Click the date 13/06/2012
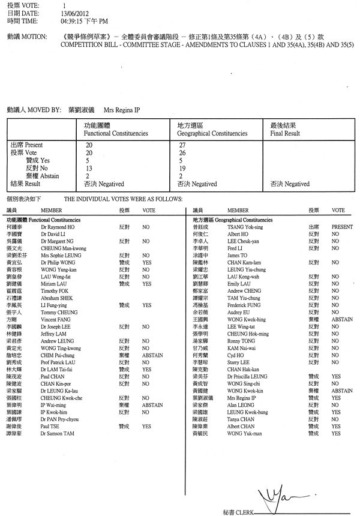[74, 13]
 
